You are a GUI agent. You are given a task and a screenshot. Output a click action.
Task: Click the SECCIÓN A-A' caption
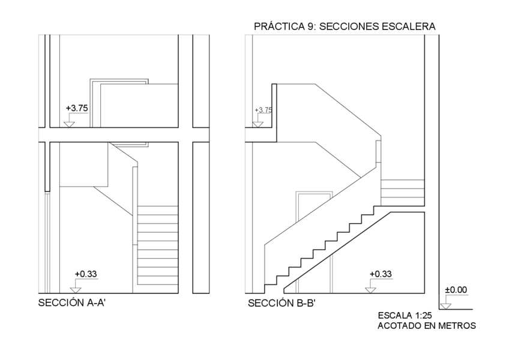73,303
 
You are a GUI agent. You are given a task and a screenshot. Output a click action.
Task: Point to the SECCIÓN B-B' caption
282,303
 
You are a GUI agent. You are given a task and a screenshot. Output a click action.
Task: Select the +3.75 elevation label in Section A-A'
76,108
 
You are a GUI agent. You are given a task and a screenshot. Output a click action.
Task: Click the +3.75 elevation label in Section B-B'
263,110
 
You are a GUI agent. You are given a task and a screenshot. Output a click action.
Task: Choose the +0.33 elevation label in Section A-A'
86,274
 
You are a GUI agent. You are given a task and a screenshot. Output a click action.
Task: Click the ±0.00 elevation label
455,290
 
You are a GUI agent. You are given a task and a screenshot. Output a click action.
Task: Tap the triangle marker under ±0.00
444,306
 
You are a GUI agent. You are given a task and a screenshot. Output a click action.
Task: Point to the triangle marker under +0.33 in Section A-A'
76,290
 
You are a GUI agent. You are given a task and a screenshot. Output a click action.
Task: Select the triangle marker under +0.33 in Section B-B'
370,290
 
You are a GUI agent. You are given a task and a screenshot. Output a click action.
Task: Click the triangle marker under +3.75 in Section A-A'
68,124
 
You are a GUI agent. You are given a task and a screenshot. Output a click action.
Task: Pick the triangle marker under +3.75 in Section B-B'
258,124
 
